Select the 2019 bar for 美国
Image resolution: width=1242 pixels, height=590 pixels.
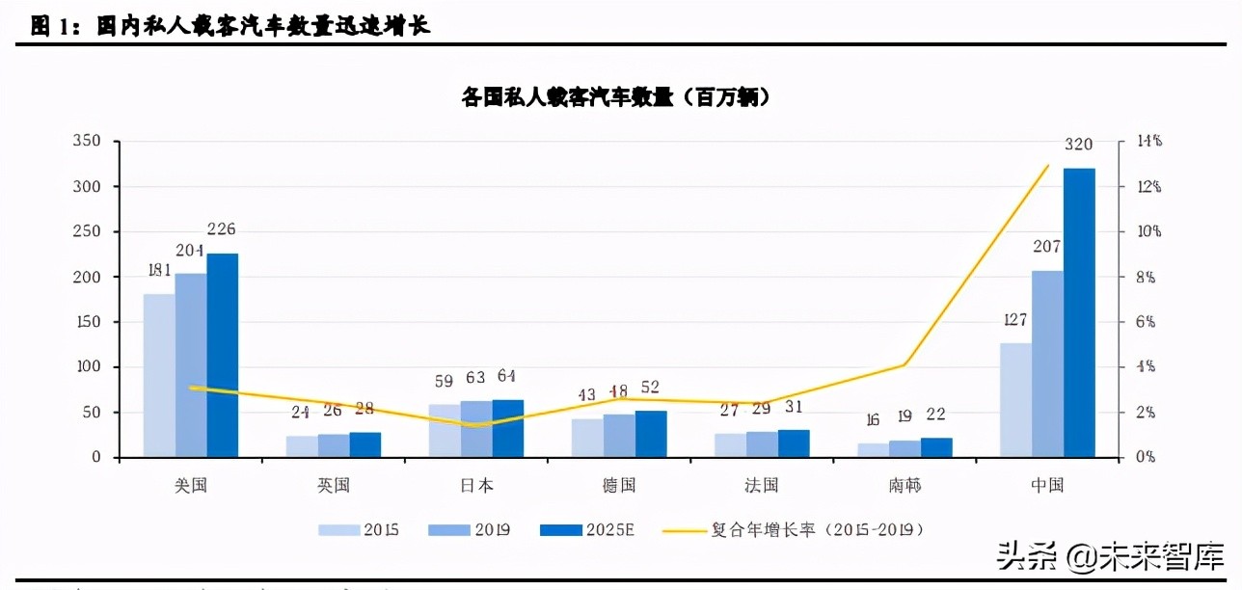191,365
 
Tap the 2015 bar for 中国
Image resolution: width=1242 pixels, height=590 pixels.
1015,400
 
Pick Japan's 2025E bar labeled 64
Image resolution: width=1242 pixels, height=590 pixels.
508,429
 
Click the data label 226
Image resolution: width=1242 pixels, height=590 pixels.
222,229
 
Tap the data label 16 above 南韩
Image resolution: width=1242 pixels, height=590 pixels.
872,419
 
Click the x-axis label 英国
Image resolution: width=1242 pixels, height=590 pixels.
334,485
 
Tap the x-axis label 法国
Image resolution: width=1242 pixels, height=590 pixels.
762,485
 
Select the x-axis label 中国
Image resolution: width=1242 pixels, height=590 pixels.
1047,485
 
